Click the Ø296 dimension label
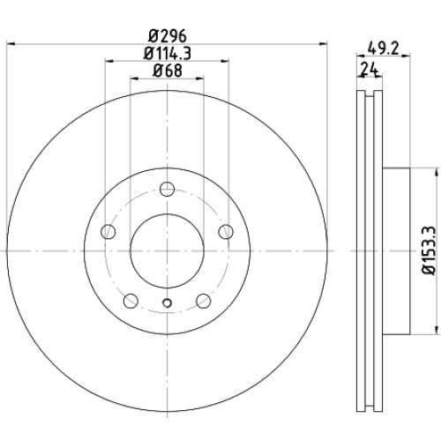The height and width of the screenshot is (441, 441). pos(168,36)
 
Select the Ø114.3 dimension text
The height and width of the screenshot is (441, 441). pos(168,54)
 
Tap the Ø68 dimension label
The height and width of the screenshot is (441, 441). pos(168,71)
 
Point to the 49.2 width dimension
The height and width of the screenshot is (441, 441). pos(383,48)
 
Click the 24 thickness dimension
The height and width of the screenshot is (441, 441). pos(370,70)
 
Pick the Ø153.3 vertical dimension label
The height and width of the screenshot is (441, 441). pos(428,250)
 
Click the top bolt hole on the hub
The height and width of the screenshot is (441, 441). pos(167,189)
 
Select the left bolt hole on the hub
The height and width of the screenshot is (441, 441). pos(108,231)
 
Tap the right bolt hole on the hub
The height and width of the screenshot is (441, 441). pos(226,231)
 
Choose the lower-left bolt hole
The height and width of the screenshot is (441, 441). pos(131,301)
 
